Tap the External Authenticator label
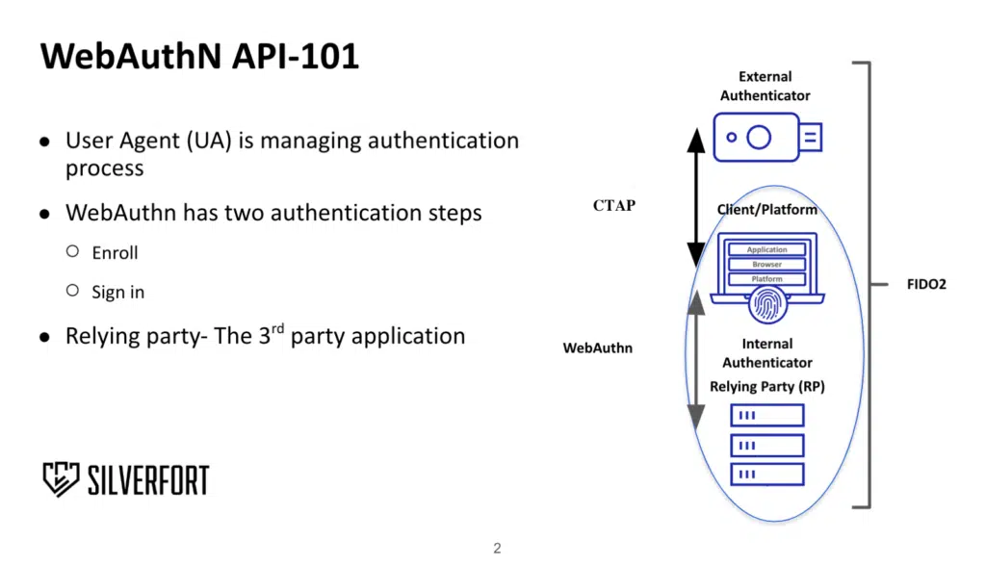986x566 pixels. (765, 86)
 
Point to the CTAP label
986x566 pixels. (614, 205)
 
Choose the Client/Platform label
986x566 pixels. (766, 210)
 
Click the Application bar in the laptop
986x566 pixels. (767, 250)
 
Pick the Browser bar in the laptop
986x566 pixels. (767, 265)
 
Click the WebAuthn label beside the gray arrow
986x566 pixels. (598, 347)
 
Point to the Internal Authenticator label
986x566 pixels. (767, 353)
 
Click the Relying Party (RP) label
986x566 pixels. (767, 386)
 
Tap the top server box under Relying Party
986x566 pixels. (767, 416)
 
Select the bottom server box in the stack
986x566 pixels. (767, 474)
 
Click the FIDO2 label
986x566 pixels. (926, 285)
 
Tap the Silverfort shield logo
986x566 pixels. (61, 478)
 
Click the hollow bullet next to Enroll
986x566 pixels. (72, 251)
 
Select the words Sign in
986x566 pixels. (117, 292)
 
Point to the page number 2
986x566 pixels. (497, 549)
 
